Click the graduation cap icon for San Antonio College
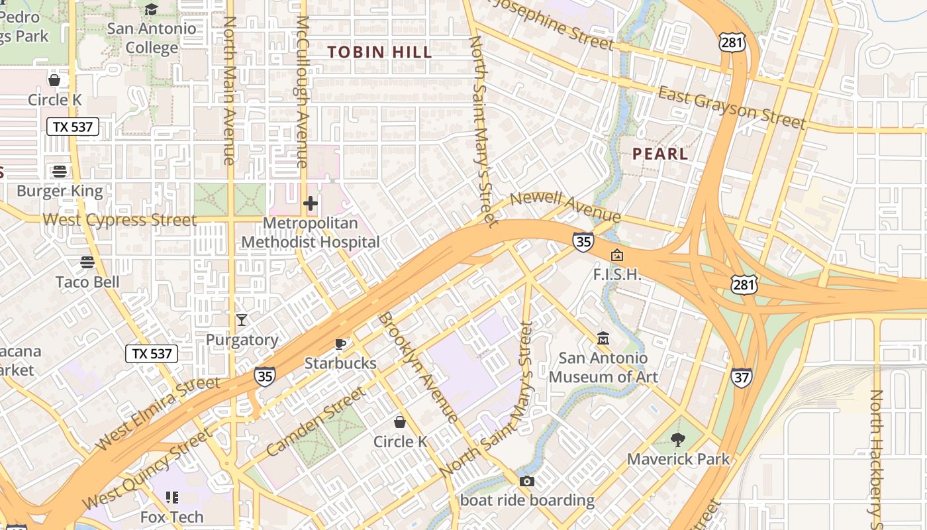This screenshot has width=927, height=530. [x=152, y=9]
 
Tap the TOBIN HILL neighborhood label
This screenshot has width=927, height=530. [x=379, y=52]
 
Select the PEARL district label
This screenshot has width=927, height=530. [x=660, y=154]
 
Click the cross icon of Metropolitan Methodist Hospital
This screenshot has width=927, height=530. [x=310, y=203]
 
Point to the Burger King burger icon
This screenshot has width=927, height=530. [x=60, y=172]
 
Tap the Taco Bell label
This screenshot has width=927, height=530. [x=87, y=282]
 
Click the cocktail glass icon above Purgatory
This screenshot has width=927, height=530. [x=242, y=320]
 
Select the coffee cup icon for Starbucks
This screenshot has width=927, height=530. [x=340, y=343]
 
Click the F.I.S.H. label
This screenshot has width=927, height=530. [x=616, y=274]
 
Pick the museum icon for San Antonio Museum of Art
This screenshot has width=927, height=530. [x=603, y=339]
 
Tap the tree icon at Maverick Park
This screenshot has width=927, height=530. [x=677, y=439]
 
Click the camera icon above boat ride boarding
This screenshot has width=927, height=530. [x=527, y=481]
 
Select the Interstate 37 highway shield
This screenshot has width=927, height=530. [x=742, y=378]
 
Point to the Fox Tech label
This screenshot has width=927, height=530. [x=171, y=516]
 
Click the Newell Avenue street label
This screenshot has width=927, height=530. [x=565, y=207]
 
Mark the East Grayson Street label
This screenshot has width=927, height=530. [x=732, y=107]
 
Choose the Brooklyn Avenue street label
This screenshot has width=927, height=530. [x=418, y=367]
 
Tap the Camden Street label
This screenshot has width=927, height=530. [x=316, y=422]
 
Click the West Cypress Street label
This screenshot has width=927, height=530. [x=119, y=220]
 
